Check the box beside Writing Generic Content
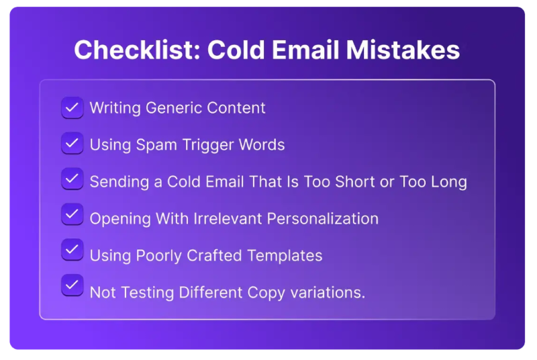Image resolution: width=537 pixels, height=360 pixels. click(x=72, y=107)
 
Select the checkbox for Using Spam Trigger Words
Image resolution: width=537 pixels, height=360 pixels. click(x=72, y=143)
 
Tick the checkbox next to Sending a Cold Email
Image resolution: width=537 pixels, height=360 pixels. click(x=72, y=179)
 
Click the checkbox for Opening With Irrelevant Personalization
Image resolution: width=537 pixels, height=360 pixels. click(x=72, y=214)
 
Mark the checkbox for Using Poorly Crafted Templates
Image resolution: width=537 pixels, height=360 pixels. click(x=72, y=250)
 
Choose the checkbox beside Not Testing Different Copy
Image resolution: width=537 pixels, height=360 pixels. click(x=72, y=285)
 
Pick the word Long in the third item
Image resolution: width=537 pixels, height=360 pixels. click(x=448, y=181)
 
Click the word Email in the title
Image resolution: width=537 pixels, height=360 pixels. click(x=300, y=50)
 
